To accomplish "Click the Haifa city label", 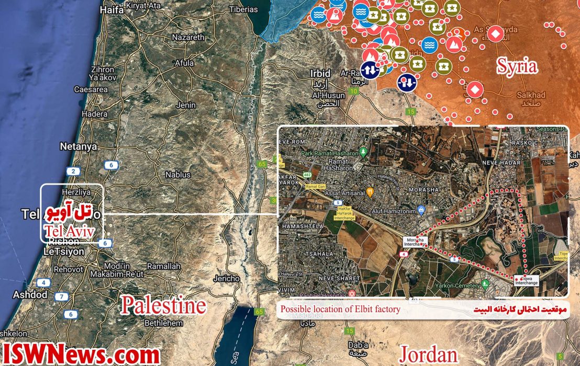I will pyautogui.click(x=111, y=10).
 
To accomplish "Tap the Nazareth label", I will pyautogui.click(x=188, y=38).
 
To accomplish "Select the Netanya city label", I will pyautogui.click(x=79, y=146).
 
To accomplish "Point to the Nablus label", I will pyautogui.click(x=177, y=175).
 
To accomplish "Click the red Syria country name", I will pyautogui.click(x=517, y=66).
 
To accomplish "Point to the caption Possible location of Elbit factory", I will pyautogui.click(x=340, y=309).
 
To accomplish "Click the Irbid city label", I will pyautogui.click(x=320, y=73).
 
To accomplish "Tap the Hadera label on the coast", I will pyautogui.click(x=95, y=114).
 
